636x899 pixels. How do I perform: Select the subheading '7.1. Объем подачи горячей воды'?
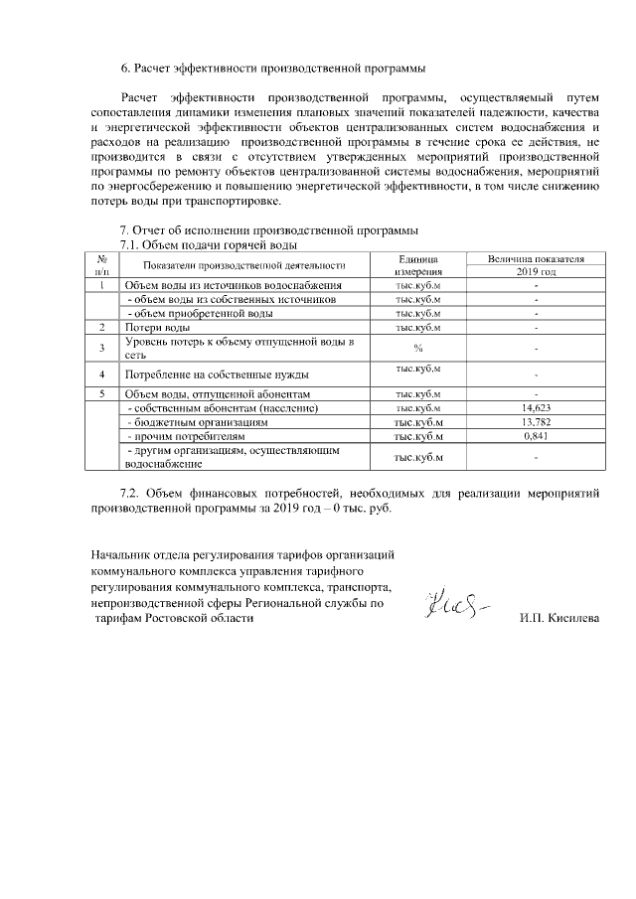[x=209, y=244]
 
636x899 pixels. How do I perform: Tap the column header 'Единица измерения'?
[x=417, y=264]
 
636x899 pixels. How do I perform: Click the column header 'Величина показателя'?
[x=536, y=258]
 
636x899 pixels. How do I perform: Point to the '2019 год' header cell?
[x=536, y=271]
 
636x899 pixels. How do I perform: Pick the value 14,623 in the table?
[x=536, y=408]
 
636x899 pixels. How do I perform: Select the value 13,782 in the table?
[x=536, y=422]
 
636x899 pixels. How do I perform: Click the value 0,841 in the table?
[x=536, y=436]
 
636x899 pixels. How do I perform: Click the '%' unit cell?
[x=417, y=348]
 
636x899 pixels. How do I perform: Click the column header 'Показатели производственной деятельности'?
[x=242, y=264]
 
